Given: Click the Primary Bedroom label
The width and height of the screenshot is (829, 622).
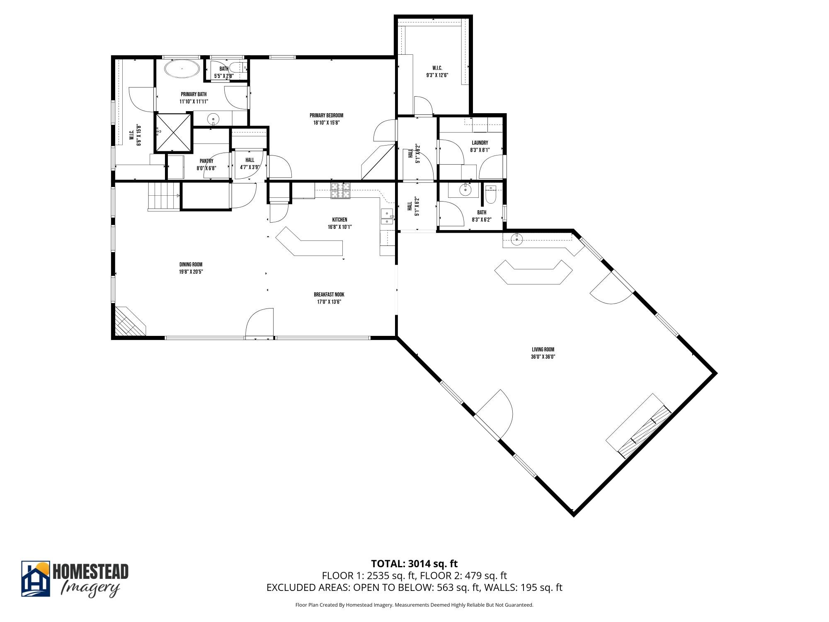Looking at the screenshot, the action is click(327, 116).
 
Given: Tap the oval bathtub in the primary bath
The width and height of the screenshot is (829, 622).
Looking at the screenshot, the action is click(182, 69).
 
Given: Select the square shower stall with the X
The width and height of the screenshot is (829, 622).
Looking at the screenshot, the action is click(173, 132).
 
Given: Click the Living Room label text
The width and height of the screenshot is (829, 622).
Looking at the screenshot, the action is click(543, 350).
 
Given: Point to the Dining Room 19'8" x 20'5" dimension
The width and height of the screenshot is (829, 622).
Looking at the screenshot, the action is click(191, 272).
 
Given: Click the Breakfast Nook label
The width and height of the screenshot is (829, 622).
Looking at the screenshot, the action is click(329, 295).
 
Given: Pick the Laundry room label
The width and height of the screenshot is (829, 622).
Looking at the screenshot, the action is click(480, 143).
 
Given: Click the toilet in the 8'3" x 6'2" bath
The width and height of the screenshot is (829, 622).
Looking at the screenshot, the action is click(491, 195).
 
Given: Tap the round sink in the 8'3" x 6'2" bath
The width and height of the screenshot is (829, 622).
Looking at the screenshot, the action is click(466, 190).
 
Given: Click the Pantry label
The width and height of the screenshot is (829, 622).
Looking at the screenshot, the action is click(206, 161).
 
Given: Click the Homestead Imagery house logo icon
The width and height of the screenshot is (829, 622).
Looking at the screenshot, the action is click(36, 579).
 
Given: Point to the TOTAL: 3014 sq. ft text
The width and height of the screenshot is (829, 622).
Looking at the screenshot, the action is click(414, 564).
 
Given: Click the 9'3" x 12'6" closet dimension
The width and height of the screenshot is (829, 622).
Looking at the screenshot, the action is click(437, 75).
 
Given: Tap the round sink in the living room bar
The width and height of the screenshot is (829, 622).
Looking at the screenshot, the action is click(517, 239).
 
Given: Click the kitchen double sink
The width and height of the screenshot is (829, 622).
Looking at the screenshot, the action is click(387, 217).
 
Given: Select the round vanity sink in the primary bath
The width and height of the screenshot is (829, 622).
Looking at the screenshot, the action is click(213, 119).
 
